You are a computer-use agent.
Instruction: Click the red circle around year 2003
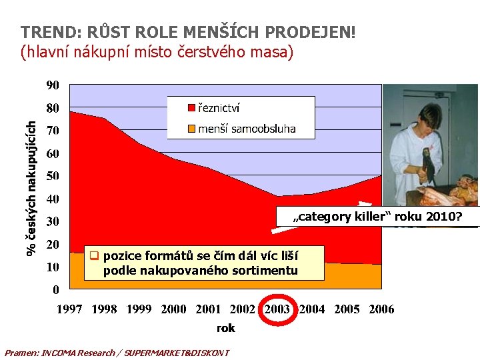pos(277,309)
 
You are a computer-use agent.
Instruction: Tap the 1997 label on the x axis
pos(69,309)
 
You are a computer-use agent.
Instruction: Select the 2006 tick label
pos(382,309)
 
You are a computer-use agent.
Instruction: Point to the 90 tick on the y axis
pos(53,85)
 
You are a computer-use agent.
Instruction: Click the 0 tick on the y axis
pos(56,290)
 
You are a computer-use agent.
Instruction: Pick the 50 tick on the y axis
pos(53,177)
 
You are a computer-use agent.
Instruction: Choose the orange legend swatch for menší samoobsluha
pos(191,129)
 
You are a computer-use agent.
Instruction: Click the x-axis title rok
pos(225,328)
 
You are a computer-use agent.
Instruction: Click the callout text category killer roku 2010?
pos(377,217)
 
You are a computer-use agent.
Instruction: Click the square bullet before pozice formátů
pos(95,255)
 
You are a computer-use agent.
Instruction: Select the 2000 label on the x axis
pos(174,309)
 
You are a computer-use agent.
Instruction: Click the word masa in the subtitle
pos(275,51)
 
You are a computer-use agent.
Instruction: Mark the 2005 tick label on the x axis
pos(347,309)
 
